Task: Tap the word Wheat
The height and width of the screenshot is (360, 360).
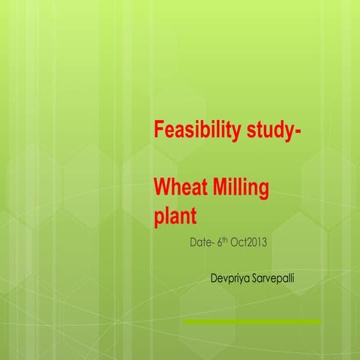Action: pos(178,186)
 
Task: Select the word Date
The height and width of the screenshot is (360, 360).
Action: pos(202,244)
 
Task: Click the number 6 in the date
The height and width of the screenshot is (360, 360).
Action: pos(221,244)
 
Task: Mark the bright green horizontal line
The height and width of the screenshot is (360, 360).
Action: pos(252,322)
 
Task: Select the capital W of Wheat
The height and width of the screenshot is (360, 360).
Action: pos(160,186)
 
